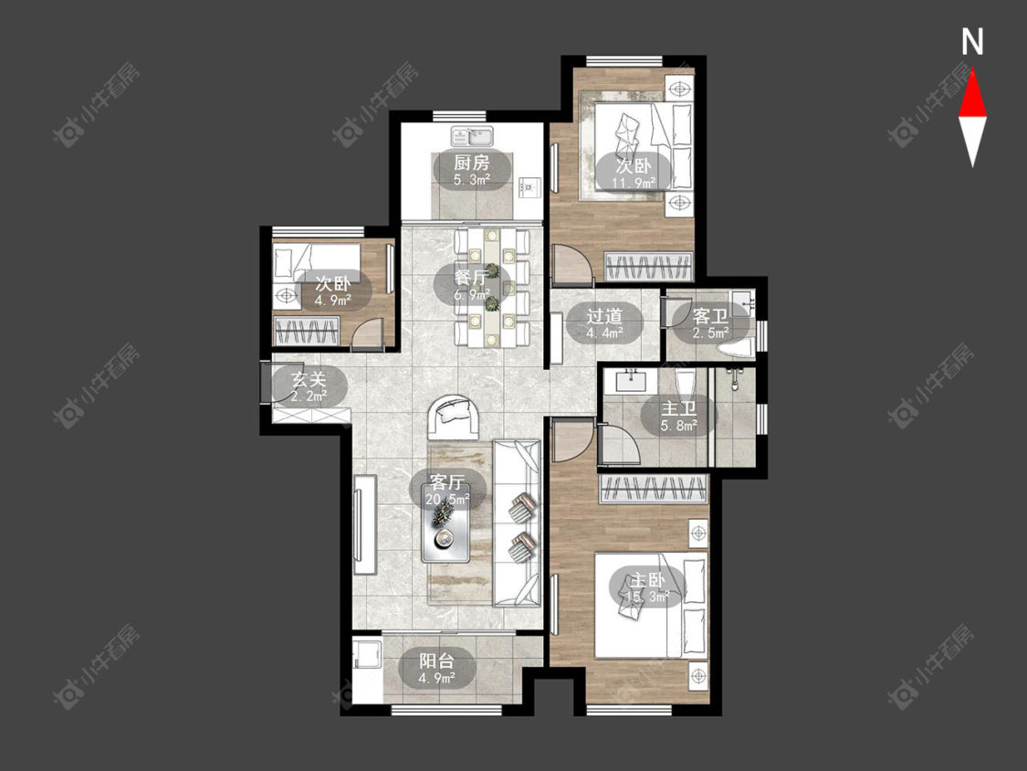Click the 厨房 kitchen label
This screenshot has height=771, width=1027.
click(471, 162)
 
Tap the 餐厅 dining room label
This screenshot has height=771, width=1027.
click(471, 278)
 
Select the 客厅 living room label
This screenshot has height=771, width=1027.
click(448, 482)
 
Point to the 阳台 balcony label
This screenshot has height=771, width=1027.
click(437, 660)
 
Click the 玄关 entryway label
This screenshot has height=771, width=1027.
click(309, 379)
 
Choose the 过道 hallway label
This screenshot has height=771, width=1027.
click(604, 316)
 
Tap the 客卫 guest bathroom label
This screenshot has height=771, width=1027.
click(710, 316)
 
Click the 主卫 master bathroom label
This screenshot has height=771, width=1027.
click(678, 408)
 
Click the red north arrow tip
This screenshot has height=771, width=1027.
click(972, 70)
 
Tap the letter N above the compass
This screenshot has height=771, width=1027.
click(972, 42)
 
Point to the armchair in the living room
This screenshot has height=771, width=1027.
click(451, 417)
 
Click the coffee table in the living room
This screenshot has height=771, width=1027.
click(445, 534)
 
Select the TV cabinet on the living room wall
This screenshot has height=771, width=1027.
click(365, 523)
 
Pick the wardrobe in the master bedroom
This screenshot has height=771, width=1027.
click(654, 489)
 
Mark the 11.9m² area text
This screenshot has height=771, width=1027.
click(634, 183)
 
